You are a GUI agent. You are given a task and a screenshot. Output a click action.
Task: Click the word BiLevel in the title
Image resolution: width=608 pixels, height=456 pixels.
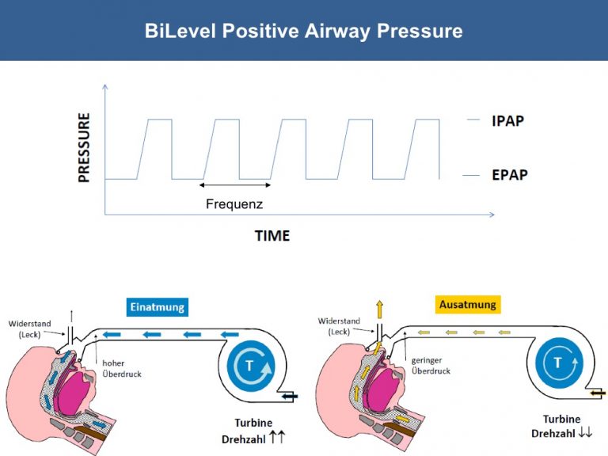[180, 31]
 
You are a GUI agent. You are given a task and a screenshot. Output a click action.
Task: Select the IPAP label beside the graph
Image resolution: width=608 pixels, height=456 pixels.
[507, 121]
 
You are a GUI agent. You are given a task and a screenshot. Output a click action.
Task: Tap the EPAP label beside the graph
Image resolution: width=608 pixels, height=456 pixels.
[510, 175]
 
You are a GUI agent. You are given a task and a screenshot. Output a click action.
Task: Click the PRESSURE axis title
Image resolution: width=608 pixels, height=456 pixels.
[84, 147]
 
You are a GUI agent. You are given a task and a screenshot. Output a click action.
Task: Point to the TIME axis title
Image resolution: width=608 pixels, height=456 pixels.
[272, 236]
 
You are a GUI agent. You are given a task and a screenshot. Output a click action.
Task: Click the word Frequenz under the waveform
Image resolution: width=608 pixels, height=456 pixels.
[234, 204]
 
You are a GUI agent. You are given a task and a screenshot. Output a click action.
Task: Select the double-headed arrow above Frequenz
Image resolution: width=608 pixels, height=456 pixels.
[235, 185]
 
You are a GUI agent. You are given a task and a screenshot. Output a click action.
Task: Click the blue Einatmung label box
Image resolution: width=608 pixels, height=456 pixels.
[158, 307]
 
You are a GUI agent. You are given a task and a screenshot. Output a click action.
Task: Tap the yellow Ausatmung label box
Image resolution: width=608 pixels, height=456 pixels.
[468, 304]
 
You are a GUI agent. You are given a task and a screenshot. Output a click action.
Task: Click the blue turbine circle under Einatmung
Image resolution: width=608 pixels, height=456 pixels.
[250, 365]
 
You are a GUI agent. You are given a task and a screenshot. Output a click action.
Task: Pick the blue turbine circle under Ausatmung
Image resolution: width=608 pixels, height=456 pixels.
[559, 363]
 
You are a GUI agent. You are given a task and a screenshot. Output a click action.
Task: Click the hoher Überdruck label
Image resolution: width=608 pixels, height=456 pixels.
[121, 369]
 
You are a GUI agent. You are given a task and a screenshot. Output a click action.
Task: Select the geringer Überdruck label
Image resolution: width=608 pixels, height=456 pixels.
[431, 366]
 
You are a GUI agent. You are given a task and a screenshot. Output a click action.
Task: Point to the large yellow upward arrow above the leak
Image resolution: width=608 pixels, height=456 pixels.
[380, 310]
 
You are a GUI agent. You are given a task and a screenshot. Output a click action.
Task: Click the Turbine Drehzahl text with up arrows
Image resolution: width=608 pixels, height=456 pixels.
[253, 431]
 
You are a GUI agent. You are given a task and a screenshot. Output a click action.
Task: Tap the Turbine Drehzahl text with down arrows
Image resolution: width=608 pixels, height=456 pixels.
[562, 426]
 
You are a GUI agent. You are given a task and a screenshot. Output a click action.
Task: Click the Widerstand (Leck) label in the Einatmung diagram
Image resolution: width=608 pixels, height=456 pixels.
[29, 329]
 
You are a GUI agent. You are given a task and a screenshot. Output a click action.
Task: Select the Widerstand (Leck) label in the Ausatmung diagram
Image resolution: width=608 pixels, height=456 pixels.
[339, 326]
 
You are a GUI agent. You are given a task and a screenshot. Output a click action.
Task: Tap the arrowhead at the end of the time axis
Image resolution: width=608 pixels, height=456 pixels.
[492, 215]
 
